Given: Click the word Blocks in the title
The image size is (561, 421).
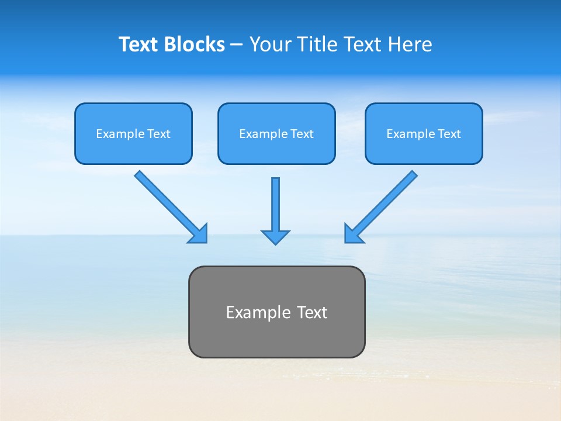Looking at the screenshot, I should coord(195,44).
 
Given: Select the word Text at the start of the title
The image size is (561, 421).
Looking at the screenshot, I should coord(140,44).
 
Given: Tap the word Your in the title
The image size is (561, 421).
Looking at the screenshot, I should coord(270,44).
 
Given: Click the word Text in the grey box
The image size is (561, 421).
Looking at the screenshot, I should coord(312,312).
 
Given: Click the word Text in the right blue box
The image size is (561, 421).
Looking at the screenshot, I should coord(449,134).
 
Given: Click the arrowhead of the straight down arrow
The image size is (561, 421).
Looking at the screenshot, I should coord(275,237).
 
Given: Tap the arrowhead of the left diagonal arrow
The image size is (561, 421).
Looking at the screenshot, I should coord(199,234).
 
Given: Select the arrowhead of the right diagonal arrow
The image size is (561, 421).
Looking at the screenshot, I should coord(353,234).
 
